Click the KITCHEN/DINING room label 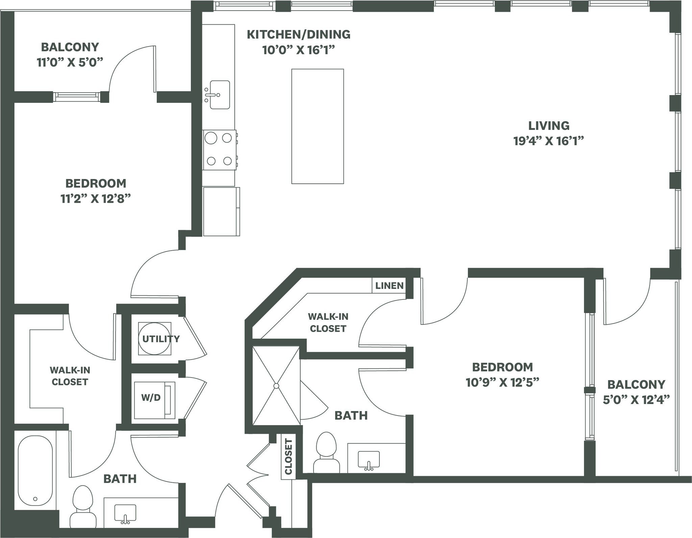(298, 35)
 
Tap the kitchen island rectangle (317, 126)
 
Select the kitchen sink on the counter (219, 95)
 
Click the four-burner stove (219, 150)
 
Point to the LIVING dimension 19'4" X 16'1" (548, 141)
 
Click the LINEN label (389, 286)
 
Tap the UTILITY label (161, 339)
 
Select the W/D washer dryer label (151, 397)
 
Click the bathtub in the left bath (35, 470)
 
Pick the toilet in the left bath (83, 508)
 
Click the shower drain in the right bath (276, 386)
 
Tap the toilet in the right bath (326, 453)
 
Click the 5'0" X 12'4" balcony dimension (636, 400)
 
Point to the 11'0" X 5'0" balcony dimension (70, 63)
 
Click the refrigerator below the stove (221, 211)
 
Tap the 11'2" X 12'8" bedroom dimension (95, 199)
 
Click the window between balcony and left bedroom (77, 97)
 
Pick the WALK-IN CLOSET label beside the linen (328, 322)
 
